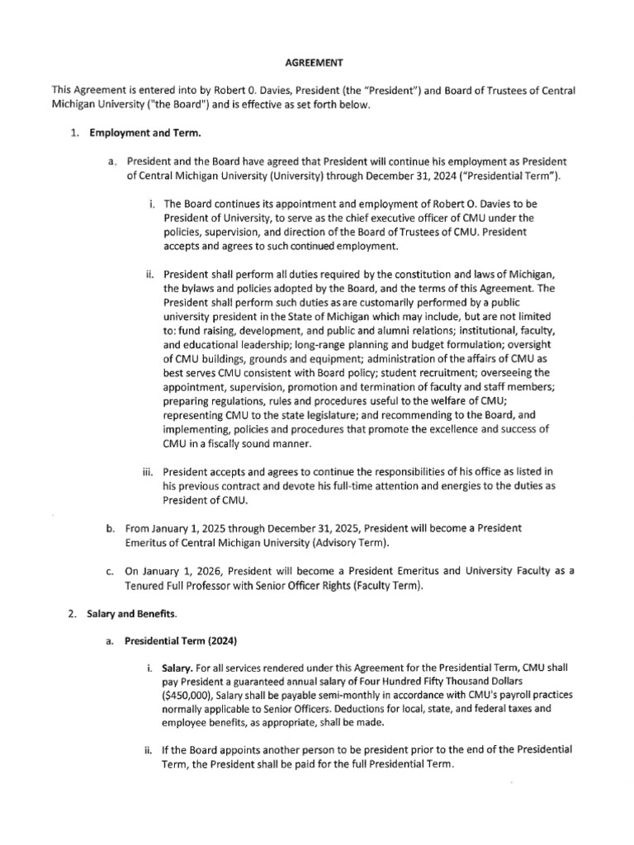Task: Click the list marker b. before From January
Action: pyautogui.click(x=110, y=526)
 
